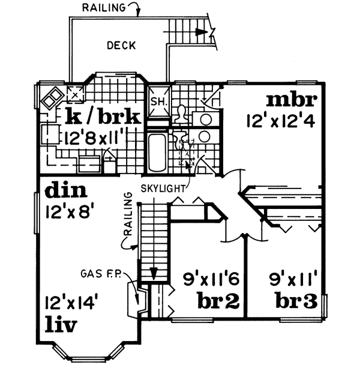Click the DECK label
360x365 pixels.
pyautogui.click(x=121, y=45)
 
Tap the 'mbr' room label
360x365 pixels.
pyautogui.click(x=292, y=98)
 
